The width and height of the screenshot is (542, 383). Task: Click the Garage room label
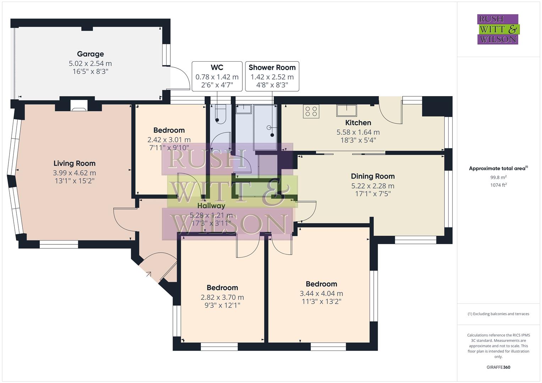pyautogui.click(x=90, y=54)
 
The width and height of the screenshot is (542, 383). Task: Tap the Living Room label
pyautogui.click(x=75, y=163)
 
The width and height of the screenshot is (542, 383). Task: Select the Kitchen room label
pyautogui.click(x=358, y=123)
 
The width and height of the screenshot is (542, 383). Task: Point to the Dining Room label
pyautogui.click(x=373, y=176)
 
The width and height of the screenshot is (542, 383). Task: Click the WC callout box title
pyautogui.click(x=217, y=67)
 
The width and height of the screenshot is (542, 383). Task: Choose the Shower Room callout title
pyautogui.click(x=272, y=67)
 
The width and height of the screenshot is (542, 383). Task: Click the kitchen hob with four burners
pyautogui.click(x=311, y=111)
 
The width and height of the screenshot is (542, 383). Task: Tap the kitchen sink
pyautogui.click(x=346, y=110)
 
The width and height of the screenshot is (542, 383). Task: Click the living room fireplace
pyautogui.click(x=78, y=106)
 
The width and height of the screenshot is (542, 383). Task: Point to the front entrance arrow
pyautogui.click(x=148, y=274)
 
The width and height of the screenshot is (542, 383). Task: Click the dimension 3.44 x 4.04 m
pyautogui.click(x=321, y=294)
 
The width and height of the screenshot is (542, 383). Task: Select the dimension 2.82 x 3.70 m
pyautogui.click(x=222, y=298)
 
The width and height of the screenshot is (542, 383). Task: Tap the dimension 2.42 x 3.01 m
pyautogui.click(x=169, y=140)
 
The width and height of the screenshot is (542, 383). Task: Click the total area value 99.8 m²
pyautogui.click(x=498, y=177)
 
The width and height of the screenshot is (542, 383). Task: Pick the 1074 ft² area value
pyautogui.click(x=498, y=185)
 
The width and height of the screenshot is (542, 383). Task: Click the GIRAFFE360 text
pyautogui.click(x=498, y=367)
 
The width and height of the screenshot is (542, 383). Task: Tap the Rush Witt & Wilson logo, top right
pyautogui.click(x=498, y=29)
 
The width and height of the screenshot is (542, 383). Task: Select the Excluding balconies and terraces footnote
pyautogui.click(x=498, y=314)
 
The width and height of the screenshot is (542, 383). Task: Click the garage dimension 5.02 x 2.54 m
pyautogui.click(x=90, y=64)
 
